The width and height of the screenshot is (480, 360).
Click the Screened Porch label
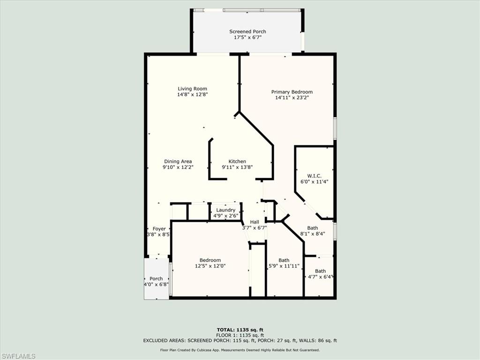coord(247,31)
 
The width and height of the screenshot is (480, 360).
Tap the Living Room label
coord(192,89)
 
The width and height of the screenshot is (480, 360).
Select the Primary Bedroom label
coord(292,92)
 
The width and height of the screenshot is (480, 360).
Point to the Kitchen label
coord(237,161)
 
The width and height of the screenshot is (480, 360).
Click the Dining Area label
coord(178,161)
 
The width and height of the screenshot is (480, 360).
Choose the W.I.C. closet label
coord(314,176)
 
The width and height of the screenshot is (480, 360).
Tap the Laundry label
coord(226,210)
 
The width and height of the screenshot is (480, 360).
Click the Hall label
coord(255,222)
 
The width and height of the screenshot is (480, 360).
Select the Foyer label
coord(159,229)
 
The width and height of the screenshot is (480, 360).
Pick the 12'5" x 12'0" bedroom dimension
coord(210,266)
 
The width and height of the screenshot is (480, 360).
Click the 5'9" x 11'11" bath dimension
coord(284,266)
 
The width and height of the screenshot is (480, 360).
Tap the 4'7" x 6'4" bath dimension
coord(320,277)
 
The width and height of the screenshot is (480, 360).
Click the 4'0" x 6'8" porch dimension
coord(156,285)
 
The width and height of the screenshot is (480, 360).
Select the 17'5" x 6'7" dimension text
coord(247,37)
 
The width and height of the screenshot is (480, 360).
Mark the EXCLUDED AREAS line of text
coord(240,341)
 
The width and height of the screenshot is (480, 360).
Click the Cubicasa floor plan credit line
coord(240,350)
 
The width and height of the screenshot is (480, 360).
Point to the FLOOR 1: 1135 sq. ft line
coord(240,335)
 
